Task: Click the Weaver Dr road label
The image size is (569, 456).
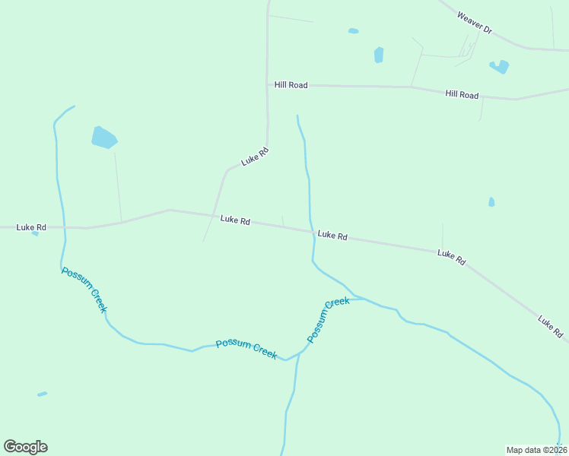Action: pyautogui.click(x=475, y=21)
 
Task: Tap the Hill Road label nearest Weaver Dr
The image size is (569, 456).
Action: pyautogui.click(x=462, y=94)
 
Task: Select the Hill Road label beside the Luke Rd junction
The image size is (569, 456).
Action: pyautogui.click(x=291, y=85)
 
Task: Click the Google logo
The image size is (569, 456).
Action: pyautogui.click(x=25, y=447)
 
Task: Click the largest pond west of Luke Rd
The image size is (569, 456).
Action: pyautogui.click(x=103, y=138)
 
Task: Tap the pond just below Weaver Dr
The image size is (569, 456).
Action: pyautogui.click(x=500, y=67)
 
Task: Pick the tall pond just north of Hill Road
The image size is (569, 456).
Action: pyautogui.click(x=379, y=55)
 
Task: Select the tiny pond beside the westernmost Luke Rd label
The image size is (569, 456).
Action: pyautogui.click(x=35, y=233)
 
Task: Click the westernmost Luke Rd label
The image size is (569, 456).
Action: pyautogui.click(x=31, y=226)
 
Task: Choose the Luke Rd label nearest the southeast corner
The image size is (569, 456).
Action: pyautogui.click(x=550, y=327)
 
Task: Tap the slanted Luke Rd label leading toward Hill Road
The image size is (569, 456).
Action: pyautogui.click(x=255, y=157)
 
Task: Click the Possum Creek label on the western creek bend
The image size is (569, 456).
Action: pyautogui.click(x=84, y=290)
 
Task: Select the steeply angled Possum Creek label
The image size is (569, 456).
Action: pyautogui.click(x=328, y=319)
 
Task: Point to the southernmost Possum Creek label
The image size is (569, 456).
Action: pyautogui.click(x=246, y=349)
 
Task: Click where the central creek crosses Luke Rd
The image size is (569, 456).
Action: pyautogui.click(x=311, y=232)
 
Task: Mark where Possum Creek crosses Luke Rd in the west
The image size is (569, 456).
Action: pyautogui.click(x=65, y=226)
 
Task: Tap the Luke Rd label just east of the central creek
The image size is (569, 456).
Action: pyautogui.click(x=332, y=236)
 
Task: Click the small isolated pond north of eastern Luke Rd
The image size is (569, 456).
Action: pyautogui.click(x=491, y=202)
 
